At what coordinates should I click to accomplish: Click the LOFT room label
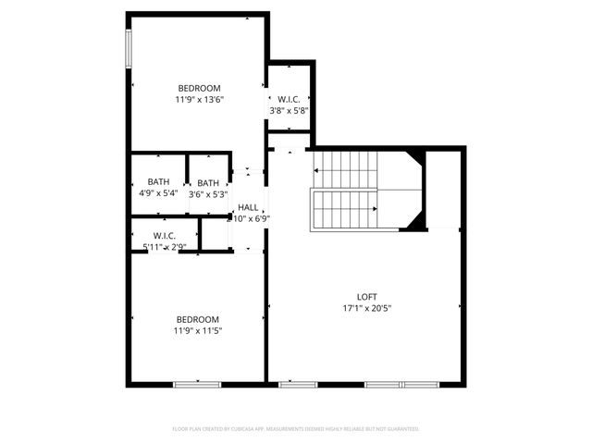(366, 296)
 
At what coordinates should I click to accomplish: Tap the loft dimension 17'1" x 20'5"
(366, 308)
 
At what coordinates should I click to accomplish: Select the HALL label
(248, 207)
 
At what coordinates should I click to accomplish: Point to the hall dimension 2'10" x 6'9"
(248, 219)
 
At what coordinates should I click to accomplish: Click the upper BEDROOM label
(199, 88)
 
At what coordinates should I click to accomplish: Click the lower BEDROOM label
(197, 319)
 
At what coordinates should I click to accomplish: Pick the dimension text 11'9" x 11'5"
(197, 330)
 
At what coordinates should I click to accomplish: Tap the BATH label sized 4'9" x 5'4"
(158, 182)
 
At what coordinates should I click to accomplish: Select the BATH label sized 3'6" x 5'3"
(208, 182)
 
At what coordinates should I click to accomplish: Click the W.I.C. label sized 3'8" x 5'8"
(287, 99)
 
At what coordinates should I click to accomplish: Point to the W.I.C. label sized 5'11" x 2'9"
(165, 236)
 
